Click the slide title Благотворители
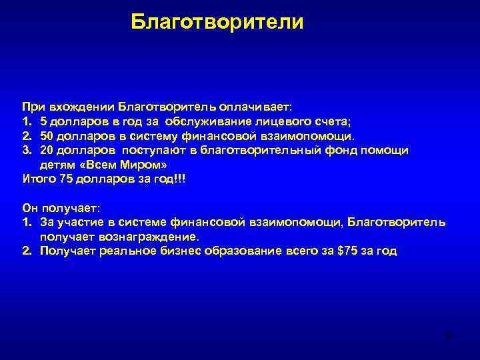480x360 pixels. tap(217, 22)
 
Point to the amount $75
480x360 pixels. tap(346, 251)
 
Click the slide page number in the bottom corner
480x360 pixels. tap(449, 335)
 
